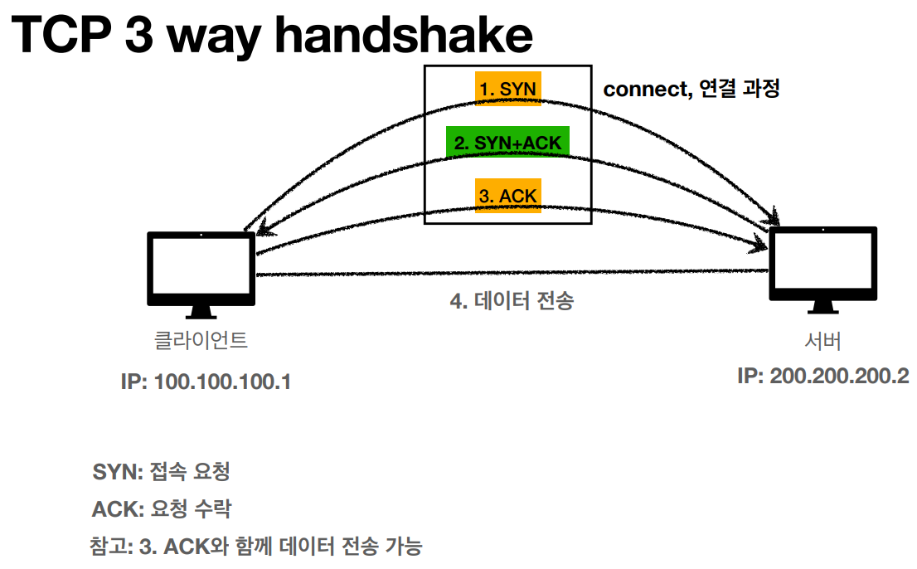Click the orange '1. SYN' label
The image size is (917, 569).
[507, 89]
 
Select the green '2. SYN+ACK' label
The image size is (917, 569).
[507, 143]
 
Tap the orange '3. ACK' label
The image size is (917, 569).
[507, 197]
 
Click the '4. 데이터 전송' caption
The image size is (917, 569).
[512, 301]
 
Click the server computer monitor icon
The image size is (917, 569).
[823, 264]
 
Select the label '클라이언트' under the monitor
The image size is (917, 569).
[201, 339]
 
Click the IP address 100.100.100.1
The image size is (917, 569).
[206, 382]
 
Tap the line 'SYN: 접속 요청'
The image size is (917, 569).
[161, 473]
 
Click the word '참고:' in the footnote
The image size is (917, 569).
[111, 547]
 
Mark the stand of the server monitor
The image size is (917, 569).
[823, 308]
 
